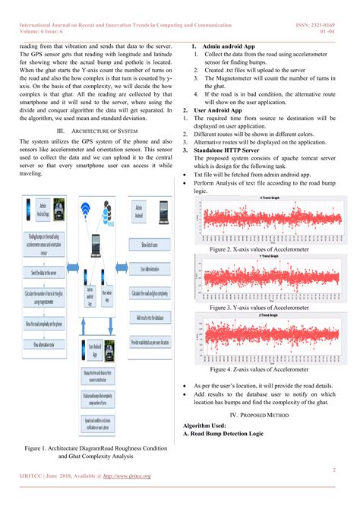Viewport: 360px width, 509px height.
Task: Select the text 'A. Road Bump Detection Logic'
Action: [223, 433]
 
